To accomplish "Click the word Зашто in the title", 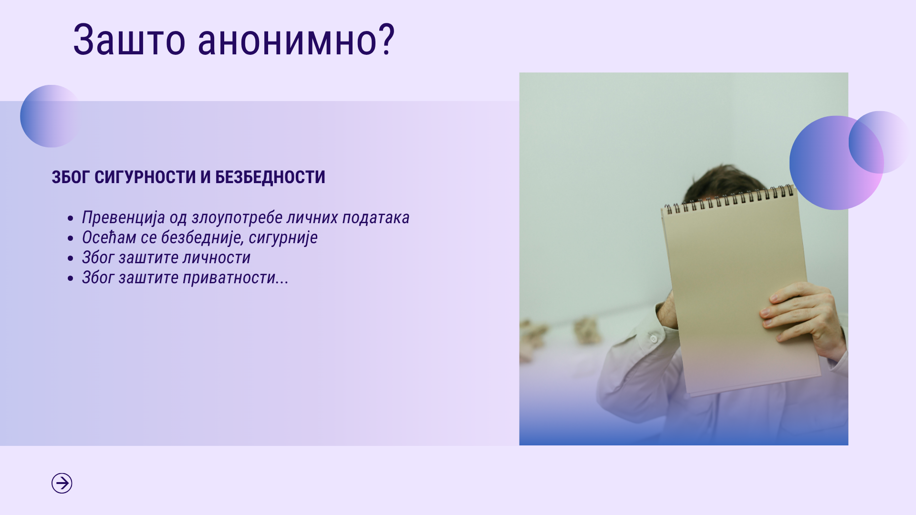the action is click(x=129, y=40).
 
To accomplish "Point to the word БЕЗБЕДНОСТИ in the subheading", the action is click(x=270, y=177).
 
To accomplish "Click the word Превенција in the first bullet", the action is click(x=124, y=218).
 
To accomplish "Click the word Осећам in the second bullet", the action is click(x=109, y=237).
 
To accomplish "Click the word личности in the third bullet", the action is click(x=216, y=258).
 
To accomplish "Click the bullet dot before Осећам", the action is click(x=71, y=238).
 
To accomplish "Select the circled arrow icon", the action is click(x=62, y=483).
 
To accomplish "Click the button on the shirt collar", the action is click(x=654, y=339).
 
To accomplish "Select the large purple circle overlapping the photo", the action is click(x=836, y=163).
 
